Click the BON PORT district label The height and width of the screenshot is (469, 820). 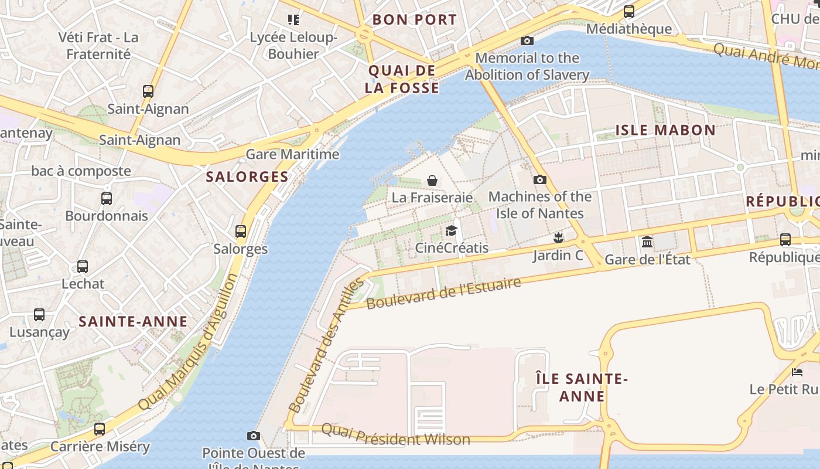414,19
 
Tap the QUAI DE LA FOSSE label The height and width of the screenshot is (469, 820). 402,79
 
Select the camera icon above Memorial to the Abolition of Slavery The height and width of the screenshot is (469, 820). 527,40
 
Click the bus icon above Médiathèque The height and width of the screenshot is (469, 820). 629,11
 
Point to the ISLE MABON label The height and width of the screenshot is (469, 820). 665,130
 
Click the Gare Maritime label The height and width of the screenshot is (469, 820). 292,154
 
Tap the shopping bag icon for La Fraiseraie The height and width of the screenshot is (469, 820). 432,180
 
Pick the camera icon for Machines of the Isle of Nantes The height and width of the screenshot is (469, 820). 540,179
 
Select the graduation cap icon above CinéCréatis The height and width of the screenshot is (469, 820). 451,230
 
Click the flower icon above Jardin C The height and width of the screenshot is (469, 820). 559,237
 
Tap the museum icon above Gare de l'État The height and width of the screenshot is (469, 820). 647,242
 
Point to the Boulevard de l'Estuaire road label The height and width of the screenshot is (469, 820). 443,293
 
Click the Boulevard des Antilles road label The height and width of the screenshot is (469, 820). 326,346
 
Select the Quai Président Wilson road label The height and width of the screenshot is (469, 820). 395,434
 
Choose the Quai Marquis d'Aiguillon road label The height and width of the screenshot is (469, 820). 189,342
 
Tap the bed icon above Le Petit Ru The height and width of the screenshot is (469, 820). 797,372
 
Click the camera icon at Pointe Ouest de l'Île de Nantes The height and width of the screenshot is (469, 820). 254,436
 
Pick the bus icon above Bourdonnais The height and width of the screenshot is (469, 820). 107,198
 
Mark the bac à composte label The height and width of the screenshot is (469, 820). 81,171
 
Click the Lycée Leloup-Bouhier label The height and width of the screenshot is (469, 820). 293,46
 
